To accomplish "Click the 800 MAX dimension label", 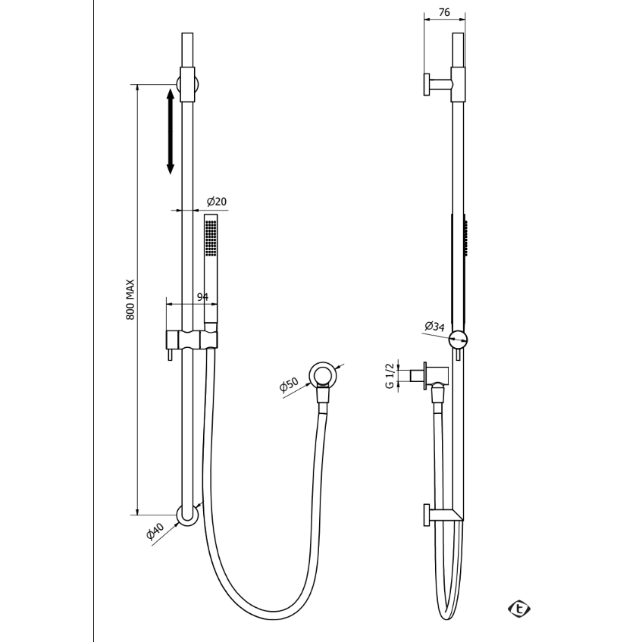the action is coord(130,299).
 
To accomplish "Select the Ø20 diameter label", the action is coord(217,202).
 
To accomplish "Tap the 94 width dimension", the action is coord(202,297).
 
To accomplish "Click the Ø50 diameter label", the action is coord(289,385).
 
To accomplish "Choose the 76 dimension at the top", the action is coord(444,12).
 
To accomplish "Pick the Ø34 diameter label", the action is coord(434,327).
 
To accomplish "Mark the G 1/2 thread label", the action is coord(390,375).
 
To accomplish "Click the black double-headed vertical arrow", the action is coord(171,131).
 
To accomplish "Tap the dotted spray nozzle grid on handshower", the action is coord(211,238).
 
